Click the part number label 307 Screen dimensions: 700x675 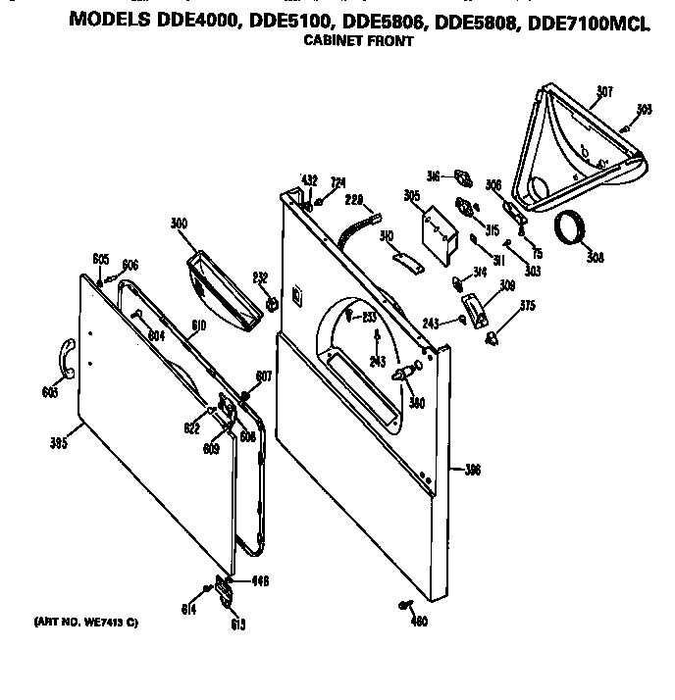click(604, 92)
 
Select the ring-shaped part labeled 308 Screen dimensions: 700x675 click(570, 228)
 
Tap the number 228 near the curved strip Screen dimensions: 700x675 click(354, 200)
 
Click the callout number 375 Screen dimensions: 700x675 click(528, 305)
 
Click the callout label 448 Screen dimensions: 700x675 click(260, 581)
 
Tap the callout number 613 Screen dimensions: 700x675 click(237, 625)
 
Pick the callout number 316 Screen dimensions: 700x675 click(433, 176)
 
